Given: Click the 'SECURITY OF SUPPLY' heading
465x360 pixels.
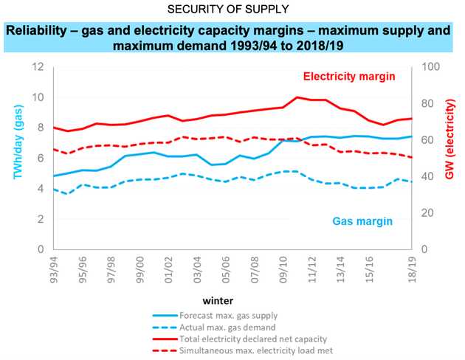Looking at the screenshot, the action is tap(228, 9).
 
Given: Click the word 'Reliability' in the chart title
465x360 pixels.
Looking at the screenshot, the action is tap(36, 30).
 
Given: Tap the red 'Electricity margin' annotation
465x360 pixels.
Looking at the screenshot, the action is tap(349, 77).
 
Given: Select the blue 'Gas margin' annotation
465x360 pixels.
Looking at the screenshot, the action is tap(362, 221).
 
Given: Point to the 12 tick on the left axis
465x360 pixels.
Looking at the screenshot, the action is tap(38, 66).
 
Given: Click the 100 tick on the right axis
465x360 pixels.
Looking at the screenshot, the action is tap(430, 66).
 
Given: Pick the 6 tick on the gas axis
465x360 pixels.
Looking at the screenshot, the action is tap(41, 158).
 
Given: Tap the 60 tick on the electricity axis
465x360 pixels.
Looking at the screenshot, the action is tap(427, 139).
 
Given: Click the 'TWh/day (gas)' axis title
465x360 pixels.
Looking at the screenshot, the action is tap(18, 142).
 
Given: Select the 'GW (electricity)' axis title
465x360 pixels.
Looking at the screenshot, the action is tap(449, 139).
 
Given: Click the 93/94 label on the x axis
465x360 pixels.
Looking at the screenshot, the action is tap(55, 269).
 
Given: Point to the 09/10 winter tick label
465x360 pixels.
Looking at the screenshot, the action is tap(283, 269).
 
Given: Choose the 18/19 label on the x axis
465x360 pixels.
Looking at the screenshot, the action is tap(412, 269).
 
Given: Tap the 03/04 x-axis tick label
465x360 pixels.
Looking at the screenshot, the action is tap(198, 269).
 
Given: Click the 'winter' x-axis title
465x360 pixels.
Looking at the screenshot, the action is tap(218, 301).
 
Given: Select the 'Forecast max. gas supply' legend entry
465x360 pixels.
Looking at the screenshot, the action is tap(215, 316).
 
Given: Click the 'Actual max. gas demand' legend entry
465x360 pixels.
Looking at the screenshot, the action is tap(214, 328).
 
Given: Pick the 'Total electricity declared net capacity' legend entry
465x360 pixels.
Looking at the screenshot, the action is tap(240, 339).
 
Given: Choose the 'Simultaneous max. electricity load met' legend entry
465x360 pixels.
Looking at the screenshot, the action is tap(243, 351).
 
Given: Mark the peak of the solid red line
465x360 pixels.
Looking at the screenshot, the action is tap(297, 97).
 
